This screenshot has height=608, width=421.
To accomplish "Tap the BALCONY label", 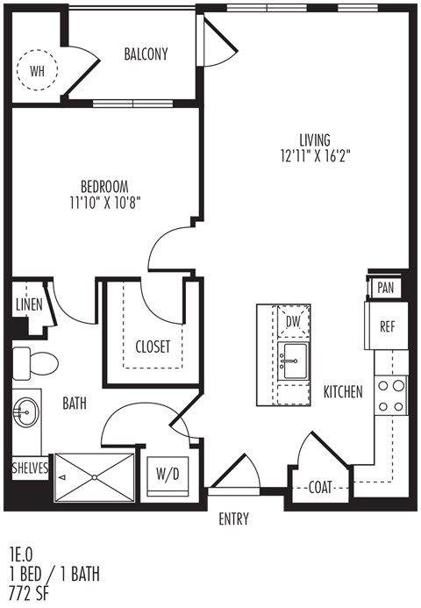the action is click(146, 54).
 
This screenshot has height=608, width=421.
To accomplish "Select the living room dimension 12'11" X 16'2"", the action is click(315, 156).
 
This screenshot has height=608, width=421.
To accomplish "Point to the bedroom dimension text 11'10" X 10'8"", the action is click(104, 203).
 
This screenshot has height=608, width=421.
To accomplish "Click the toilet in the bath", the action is click(35, 364).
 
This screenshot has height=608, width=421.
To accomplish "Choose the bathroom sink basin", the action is click(25, 411).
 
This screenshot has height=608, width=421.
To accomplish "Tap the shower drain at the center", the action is click(94, 477).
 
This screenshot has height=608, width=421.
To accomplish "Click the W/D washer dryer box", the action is click(168, 476).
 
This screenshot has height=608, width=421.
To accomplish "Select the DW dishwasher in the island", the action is click(294, 321).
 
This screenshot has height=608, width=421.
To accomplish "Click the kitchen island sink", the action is click(294, 361).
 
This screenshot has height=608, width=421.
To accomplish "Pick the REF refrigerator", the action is click(387, 325).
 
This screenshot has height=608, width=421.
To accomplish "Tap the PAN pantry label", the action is click(385, 288).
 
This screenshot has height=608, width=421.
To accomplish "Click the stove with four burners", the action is click(391, 396).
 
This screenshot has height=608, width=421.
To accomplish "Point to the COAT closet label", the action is click(320, 488).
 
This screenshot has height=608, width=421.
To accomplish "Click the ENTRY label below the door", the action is click(234, 519).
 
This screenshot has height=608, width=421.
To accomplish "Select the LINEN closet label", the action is click(29, 304).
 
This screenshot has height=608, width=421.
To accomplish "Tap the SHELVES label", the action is click(30, 468).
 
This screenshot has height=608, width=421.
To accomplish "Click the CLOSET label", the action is click(153, 347).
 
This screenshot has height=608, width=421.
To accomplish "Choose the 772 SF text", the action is click(30, 594).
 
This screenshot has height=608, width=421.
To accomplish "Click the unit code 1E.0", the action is click(22, 555).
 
